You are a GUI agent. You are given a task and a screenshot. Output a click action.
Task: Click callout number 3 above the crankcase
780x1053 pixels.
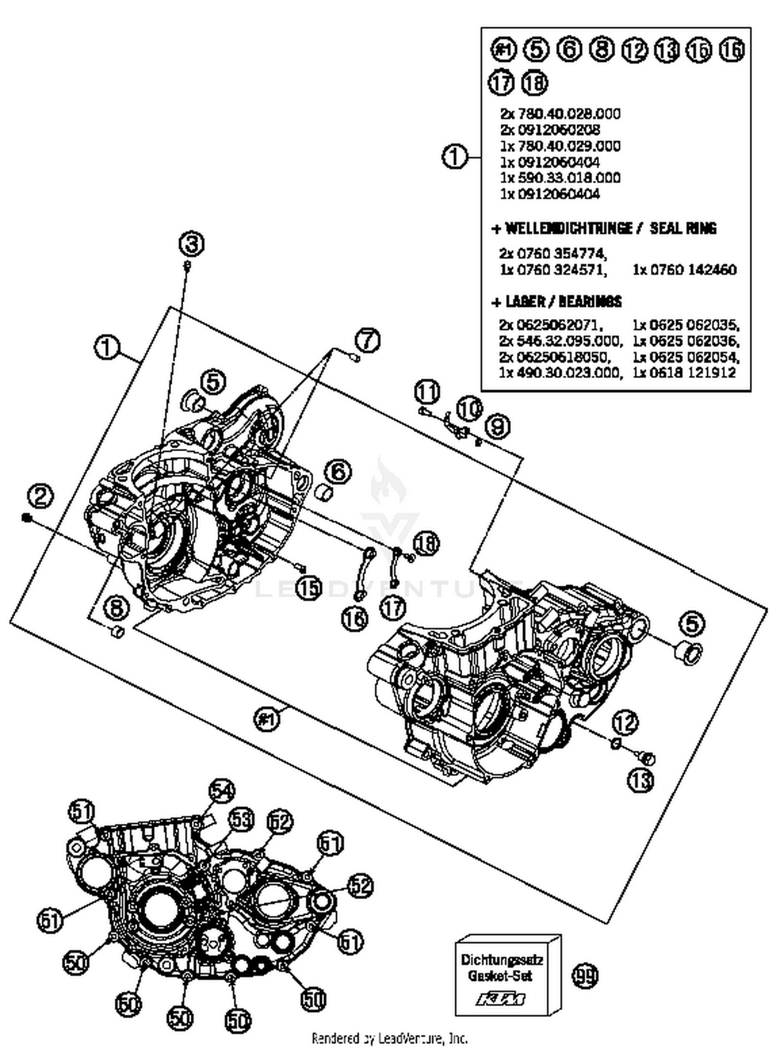click(x=192, y=244)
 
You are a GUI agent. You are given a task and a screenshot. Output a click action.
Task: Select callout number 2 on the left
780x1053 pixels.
click(x=40, y=496)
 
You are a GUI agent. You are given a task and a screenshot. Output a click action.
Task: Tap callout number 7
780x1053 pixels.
click(x=368, y=341)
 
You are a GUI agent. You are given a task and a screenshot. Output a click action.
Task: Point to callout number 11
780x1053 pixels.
click(x=427, y=392)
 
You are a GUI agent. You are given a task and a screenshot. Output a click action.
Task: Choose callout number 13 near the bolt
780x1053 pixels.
click(x=641, y=780)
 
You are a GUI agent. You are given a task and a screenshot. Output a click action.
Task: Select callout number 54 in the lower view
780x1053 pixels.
click(x=222, y=791)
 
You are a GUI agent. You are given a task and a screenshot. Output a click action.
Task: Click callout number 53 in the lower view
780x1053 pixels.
click(x=241, y=820)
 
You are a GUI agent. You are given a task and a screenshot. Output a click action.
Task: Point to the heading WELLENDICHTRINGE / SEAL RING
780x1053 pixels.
click(x=604, y=228)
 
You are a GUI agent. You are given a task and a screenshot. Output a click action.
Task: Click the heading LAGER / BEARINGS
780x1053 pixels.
click(x=556, y=301)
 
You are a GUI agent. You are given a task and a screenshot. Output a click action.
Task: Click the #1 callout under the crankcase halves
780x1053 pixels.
click(x=267, y=719)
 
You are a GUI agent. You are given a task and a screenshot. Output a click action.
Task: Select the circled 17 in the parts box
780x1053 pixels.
click(x=502, y=83)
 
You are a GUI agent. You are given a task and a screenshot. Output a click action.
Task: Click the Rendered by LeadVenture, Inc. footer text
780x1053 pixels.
click(x=389, y=1038)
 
